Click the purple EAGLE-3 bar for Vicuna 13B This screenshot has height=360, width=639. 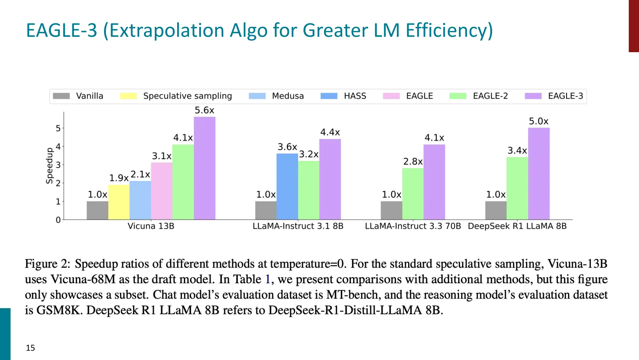pyautogui.click(x=204, y=168)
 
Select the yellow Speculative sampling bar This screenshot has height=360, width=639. pyautogui.click(x=119, y=202)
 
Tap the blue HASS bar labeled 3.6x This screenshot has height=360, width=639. pyautogui.click(x=287, y=186)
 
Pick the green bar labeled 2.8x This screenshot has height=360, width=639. pyautogui.click(x=413, y=194)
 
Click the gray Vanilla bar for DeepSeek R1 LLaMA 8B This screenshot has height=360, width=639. pyautogui.click(x=496, y=210)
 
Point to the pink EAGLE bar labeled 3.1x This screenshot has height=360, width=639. pyautogui.click(x=162, y=191)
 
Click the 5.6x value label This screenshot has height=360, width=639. pyautogui.click(x=204, y=110)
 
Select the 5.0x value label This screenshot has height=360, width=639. pyautogui.click(x=539, y=121)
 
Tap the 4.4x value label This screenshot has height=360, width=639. pyautogui.click(x=330, y=132)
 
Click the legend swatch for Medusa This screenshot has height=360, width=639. pyautogui.click(x=257, y=96)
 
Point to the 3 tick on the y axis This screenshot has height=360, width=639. pyautogui.click(x=58, y=165)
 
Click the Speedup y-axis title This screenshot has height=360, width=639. pyautogui.click(x=49, y=166)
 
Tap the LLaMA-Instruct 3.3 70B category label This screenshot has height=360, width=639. pyautogui.click(x=413, y=226)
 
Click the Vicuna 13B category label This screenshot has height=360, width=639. pyautogui.click(x=151, y=226)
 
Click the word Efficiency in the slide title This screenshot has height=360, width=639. pyautogui.click(x=449, y=30)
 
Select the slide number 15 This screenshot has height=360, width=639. pyautogui.click(x=30, y=348)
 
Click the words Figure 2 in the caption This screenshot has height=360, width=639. pyautogui.click(x=47, y=264)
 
